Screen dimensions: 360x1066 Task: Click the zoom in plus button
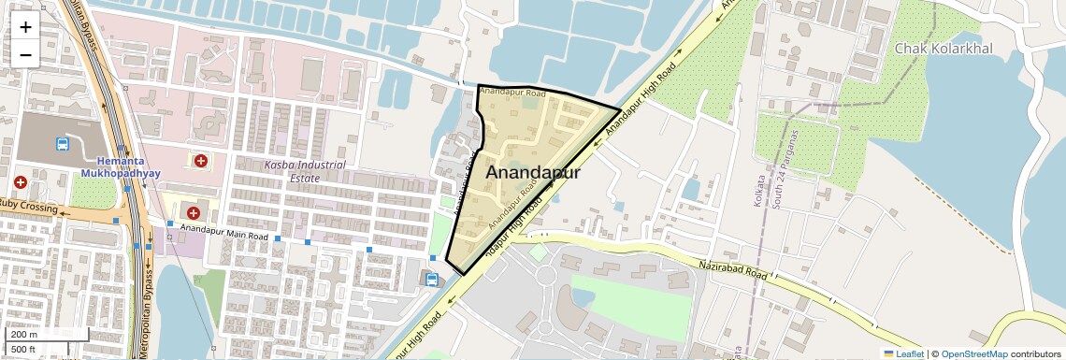[x=25, y=26]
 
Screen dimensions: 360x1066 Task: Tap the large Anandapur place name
[x=533, y=173]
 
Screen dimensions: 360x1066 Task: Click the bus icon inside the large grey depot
[x=63, y=144]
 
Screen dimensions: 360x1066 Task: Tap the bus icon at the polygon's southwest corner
[x=431, y=279]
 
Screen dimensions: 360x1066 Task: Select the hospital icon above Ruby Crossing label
[x=21, y=182]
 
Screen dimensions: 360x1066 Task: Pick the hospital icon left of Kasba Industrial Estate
[x=200, y=161]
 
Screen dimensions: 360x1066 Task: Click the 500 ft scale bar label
[x=24, y=350]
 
